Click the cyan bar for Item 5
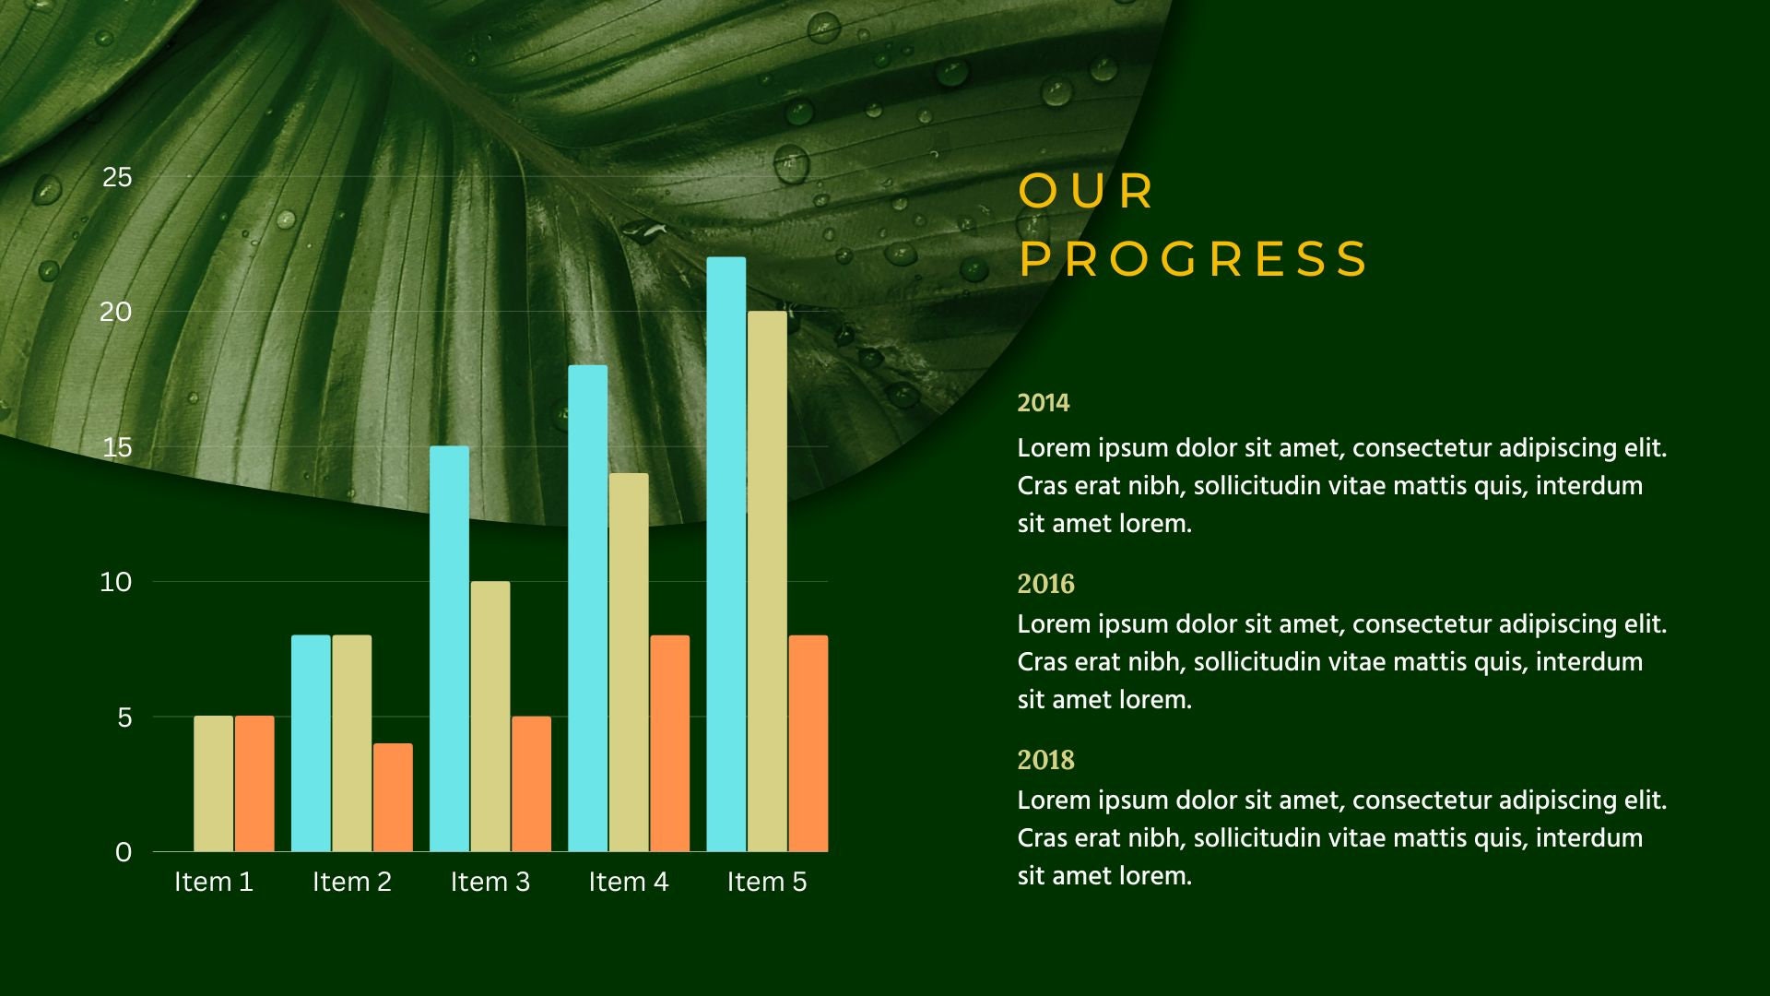726,553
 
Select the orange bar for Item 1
254,784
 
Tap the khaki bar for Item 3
490,716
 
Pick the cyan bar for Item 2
311,743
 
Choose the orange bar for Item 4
669,743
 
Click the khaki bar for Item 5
767,581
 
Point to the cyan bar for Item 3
449,648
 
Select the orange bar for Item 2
393,797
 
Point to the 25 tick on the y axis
117,177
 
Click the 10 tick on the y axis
116,582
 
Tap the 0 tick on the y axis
124,852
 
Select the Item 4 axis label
629,883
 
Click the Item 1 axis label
214,883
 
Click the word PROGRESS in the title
1194,259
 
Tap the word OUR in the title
1086,192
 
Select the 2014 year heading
1044,403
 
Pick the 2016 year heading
1045,584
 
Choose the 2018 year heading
1045,760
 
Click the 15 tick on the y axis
117,448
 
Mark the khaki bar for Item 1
213,784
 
